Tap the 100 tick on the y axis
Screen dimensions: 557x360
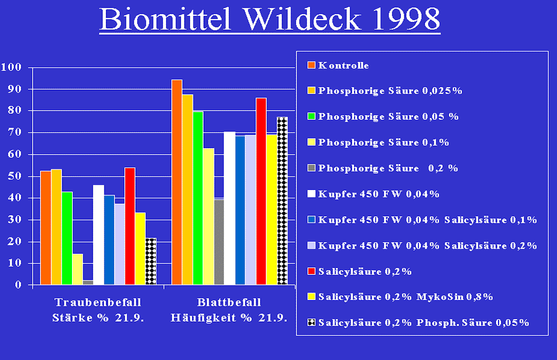[11, 67]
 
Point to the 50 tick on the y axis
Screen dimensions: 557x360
[14, 176]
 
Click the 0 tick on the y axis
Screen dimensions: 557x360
[18, 285]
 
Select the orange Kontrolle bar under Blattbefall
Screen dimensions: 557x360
[177, 182]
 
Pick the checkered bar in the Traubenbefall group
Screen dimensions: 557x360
[151, 261]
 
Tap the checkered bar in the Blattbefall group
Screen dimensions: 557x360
[283, 201]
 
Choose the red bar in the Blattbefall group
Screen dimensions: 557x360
[261, 191]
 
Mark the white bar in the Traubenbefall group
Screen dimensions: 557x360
[99, 235]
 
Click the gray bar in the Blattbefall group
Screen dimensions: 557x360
[219, 242]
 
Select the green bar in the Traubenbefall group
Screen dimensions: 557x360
[67, 238]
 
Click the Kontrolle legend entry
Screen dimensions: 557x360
[338, 65]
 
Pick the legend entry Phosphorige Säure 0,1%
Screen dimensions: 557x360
[378, 142]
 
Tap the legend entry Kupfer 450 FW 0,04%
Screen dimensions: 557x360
[373, 194]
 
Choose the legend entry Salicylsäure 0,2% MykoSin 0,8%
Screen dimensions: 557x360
[400, 297]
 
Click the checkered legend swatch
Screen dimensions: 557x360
[311, 322]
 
